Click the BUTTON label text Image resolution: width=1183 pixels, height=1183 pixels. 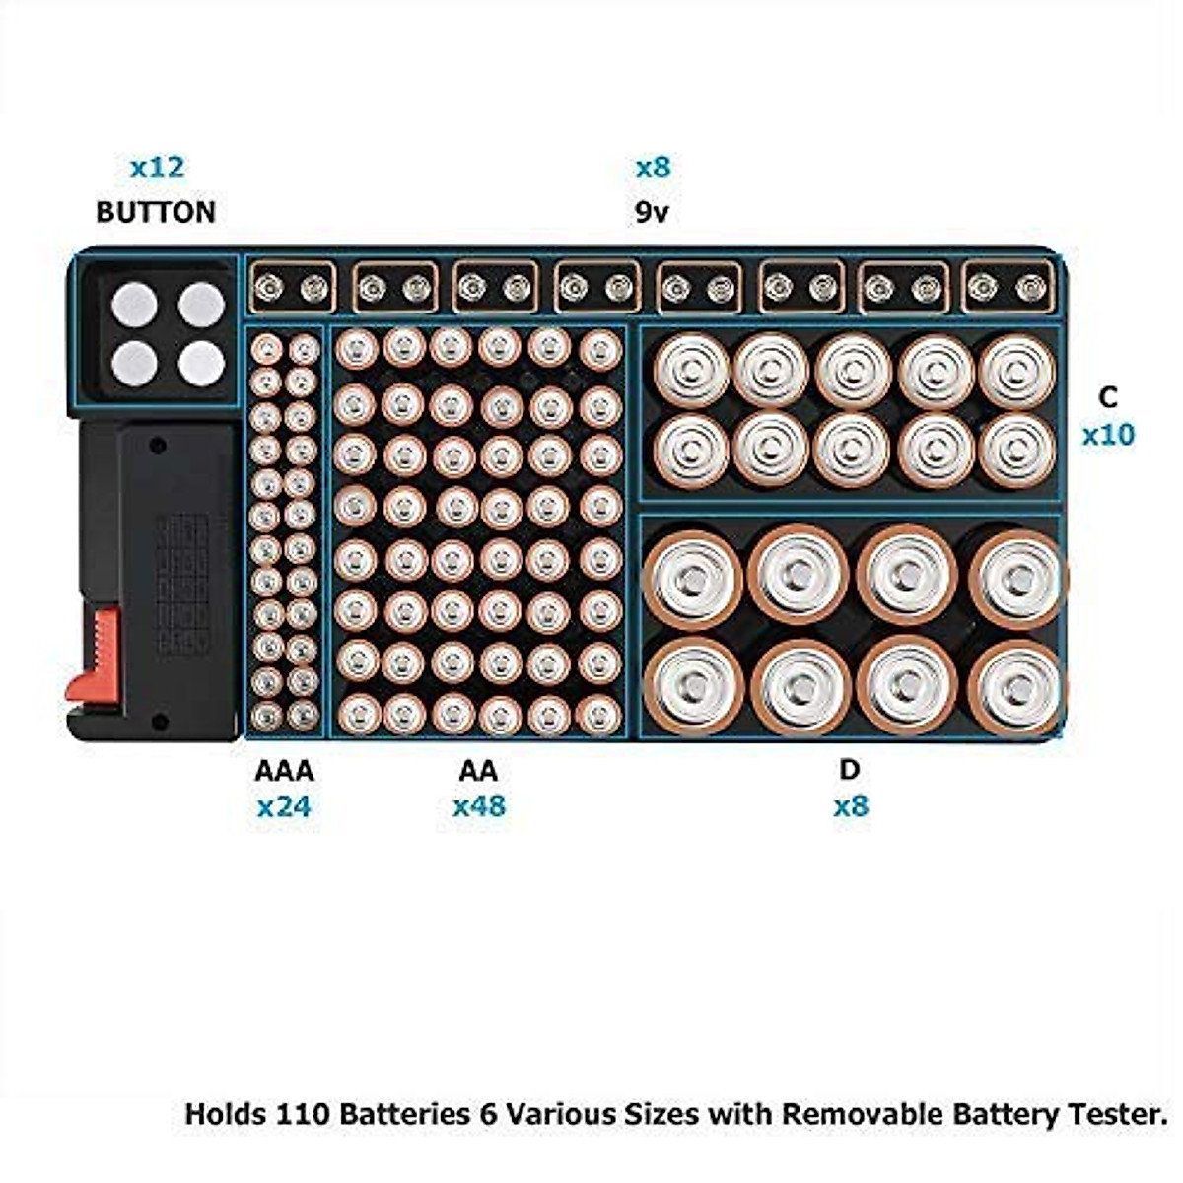(156, 212)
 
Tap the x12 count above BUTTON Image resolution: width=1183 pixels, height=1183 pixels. (157, 168)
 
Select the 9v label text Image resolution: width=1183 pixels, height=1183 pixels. (652, 212)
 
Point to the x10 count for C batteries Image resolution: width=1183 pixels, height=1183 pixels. (1108, 435)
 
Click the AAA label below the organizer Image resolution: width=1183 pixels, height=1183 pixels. (284, 770)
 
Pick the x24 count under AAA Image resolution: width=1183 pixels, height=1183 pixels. (284, 807)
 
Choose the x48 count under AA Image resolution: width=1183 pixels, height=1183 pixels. (479, 806)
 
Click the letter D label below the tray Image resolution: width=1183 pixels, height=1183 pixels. (850, 769)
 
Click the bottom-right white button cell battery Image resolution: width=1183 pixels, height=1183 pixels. (201, 364)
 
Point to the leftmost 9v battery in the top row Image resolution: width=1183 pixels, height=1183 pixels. (291, 287)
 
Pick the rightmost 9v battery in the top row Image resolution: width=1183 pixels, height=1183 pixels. (1005, 287)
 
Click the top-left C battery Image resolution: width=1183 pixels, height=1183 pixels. (691, 370)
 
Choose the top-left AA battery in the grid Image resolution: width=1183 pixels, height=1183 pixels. (357, 349)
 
